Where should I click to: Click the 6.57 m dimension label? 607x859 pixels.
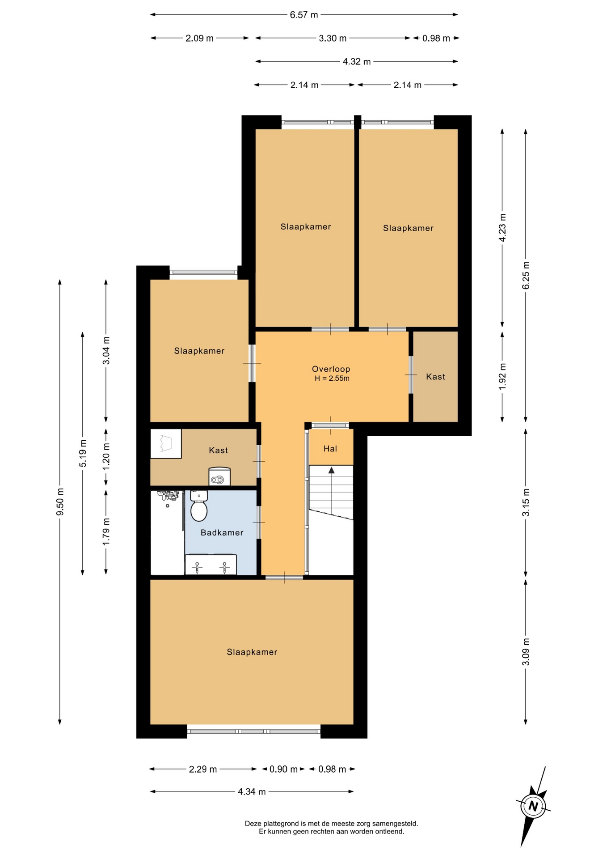(x=304, y=15)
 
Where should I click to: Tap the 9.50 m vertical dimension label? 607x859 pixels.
(x=60, y=502)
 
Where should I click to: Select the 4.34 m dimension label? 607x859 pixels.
(x=252, y=791)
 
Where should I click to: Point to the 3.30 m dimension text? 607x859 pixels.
(x=333, y=38)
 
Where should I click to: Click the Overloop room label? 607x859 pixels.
(x=331, y=369)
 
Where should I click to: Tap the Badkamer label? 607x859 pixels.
(x=222, y=532)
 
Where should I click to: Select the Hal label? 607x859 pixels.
(x=330, y=449)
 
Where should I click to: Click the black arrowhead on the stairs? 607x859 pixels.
(x=331, y=470)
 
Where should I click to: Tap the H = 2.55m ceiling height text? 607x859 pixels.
(x=332, y=378)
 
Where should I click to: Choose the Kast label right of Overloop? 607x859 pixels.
(x=435, y=377)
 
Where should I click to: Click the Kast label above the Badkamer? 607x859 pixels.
(x=218, y=451)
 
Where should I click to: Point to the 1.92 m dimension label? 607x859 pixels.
(x=502, y=376)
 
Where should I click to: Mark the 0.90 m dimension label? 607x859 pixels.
(x=283, y=769)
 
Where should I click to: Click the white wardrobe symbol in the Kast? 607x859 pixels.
(x=166, y=444)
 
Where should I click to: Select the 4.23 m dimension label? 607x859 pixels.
(x=502, y=228)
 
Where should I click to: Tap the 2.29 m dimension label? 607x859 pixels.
(x=203, y=769)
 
